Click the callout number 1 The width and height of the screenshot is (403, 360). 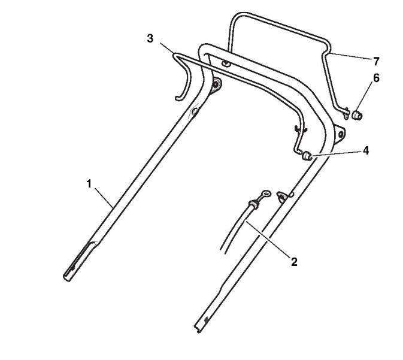[x=89, y=184]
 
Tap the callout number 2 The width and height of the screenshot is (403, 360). [x=294, y=261]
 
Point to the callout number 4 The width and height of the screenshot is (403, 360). [x=365, y=150]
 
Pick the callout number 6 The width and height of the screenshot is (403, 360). [x=376, y=77]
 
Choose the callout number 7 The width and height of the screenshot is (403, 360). [x=376, y=61]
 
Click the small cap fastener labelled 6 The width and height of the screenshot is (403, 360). [x=358, y=113]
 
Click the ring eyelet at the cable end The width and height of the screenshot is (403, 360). [x=265, y=193]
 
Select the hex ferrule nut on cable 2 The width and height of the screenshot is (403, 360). [x=252, y=205]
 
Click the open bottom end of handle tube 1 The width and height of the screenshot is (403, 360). [x=66, y=276]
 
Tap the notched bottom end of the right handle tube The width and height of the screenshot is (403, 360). [x=199, y=327]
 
